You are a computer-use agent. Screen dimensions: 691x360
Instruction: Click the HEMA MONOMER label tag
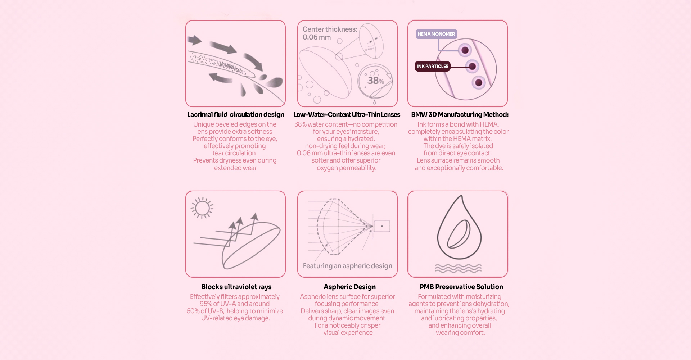coord(436,34)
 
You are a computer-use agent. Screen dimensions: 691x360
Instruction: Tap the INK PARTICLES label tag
coord(432,66)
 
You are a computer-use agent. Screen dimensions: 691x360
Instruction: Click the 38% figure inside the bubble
coord(375,81)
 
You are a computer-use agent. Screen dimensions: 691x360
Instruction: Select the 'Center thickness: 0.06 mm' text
coord(330,33)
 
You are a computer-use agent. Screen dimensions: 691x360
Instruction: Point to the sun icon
coord(202,208)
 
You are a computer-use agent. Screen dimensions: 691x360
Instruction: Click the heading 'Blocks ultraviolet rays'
coord(236,287)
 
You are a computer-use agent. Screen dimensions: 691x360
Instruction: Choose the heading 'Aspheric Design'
coord(349,287)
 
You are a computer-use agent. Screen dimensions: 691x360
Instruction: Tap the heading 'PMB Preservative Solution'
coord(461,287)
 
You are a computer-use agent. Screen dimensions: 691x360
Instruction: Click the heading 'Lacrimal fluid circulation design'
coord(235,114)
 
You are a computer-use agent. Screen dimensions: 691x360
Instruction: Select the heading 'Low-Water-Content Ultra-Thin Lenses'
coord(347,114)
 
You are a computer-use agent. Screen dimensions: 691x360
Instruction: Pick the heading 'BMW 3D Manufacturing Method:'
coord(460,114)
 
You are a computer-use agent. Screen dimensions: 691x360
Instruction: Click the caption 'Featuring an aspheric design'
coord(348,266)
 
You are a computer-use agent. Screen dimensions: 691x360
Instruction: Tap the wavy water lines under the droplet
coord(458,268)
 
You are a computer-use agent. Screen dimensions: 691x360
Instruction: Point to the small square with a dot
coord(382,226)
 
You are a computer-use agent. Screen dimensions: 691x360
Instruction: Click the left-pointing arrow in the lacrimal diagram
coord(220,77)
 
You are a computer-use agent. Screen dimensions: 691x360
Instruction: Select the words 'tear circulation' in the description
coord(234,153)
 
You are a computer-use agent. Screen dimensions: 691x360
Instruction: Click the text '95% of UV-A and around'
coord(235,304)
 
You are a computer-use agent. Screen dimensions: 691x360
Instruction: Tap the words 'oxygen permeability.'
coord(347,168)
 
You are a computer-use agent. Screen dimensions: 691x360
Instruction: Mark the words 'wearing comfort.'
coord(460,333)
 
